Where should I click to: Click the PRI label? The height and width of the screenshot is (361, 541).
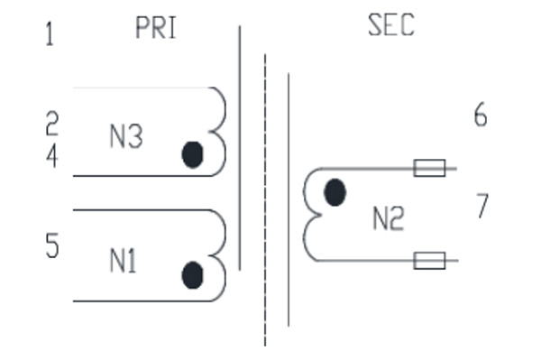[x=156, y=28]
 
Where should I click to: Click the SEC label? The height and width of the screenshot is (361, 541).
[x=391, y=25]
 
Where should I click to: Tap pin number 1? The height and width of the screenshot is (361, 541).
[x=50, y=34]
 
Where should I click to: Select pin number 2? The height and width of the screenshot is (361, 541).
[x=52, y=123]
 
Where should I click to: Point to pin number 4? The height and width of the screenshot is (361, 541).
[x=52, y=156]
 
